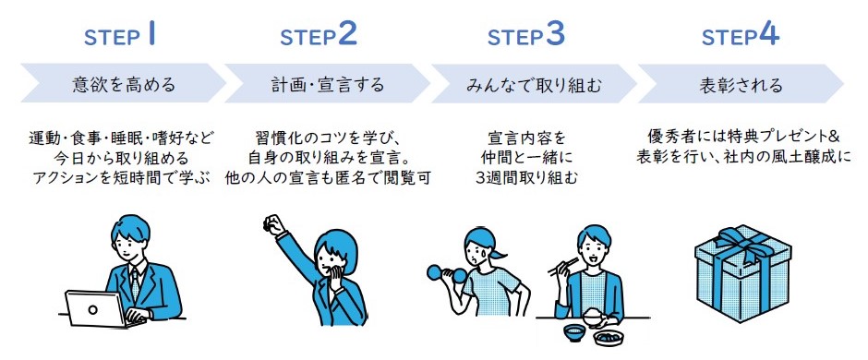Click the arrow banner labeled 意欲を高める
pos(124,84)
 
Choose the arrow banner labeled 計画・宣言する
pos(327,84)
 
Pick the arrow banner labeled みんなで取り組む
pos(534,84)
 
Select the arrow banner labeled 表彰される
pos(741,84)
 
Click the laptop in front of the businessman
pos(96,308)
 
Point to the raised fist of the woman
pos(272,225)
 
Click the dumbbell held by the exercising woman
pos(447,273)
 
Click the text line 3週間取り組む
pos(526,177)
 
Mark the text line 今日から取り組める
pos(122,157)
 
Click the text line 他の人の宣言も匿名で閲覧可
pos(327,177)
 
